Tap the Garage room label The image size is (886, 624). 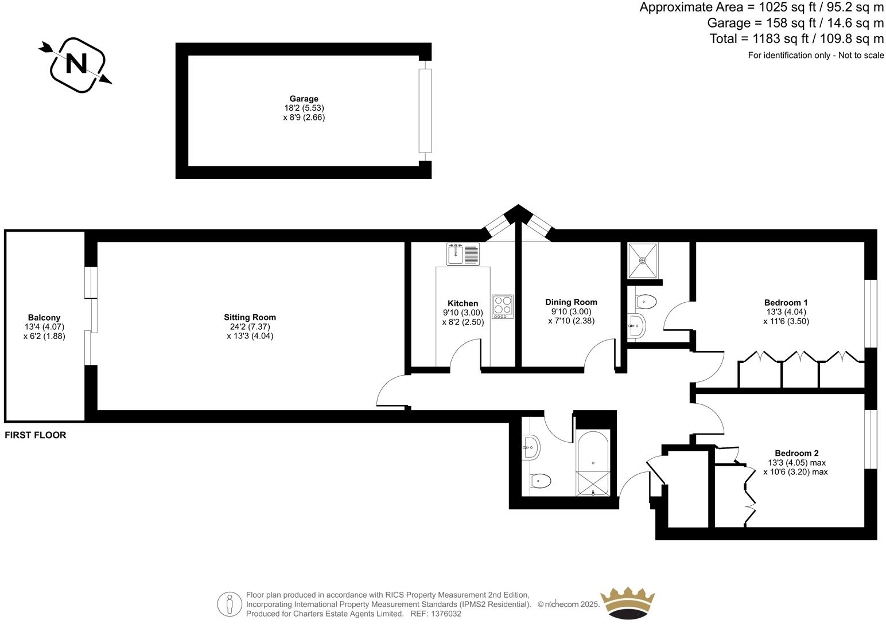click(x=304, y=99)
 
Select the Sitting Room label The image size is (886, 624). click(x=250, y=317)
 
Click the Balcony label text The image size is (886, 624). click(x=44, y=318)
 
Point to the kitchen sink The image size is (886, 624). click(x=463, y=254)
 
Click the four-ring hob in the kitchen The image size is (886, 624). click(x=503, y=306)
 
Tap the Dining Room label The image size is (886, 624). click(x=571, y=302)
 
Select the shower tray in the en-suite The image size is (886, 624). click(x=643, y=260)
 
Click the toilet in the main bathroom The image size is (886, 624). click(x=541, y=480)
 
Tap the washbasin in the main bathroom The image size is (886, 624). click(x=531, y=447)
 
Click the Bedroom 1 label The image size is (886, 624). click(x=786, y=303)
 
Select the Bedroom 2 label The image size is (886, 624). click(x=796, y=453)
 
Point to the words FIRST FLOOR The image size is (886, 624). click(x=36, y=435)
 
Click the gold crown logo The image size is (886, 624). click(x=628, y=603)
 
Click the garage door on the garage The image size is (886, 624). click(x=425, y=110)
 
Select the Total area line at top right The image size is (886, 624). click(x=796, y=39)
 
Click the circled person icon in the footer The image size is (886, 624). click(x=230, y=604)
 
